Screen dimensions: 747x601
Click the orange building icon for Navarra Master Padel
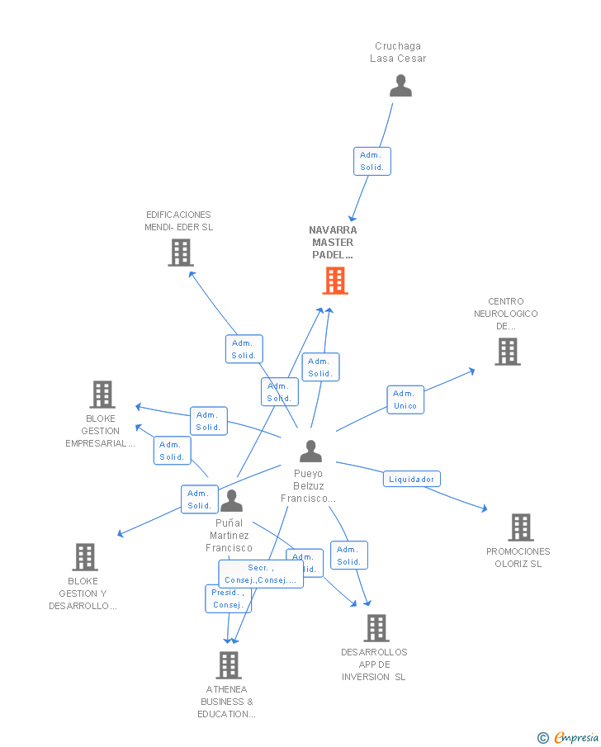coord(334,281)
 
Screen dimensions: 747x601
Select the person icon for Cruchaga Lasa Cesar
coord(400,86)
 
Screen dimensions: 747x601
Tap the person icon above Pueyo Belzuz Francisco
coord(310,452)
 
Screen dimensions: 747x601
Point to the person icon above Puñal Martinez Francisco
coord(231,500)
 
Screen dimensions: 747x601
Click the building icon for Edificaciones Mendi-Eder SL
coord(180,253)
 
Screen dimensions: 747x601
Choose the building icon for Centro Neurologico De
coord(507,352)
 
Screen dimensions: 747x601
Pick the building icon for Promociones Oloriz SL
coord(520,527)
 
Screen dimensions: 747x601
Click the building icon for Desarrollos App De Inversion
coord(376,628)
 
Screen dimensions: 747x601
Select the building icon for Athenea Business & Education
coord(228,664)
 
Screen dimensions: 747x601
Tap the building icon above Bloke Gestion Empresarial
coord(102,395)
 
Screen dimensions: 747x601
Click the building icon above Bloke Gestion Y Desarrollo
coord(84,557)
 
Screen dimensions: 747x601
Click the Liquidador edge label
coord(411,479)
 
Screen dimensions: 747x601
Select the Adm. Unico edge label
coord(405,400)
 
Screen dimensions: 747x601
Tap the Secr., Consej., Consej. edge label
coord(260,574)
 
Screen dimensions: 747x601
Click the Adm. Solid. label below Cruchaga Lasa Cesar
coord(371,161)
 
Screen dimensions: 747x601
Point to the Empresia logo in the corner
coord(569,737)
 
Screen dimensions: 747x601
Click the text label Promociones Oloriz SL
coord(518,558)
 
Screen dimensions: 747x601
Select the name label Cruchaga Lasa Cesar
coord(398,52)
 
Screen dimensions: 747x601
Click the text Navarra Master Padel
coord(333,243)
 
